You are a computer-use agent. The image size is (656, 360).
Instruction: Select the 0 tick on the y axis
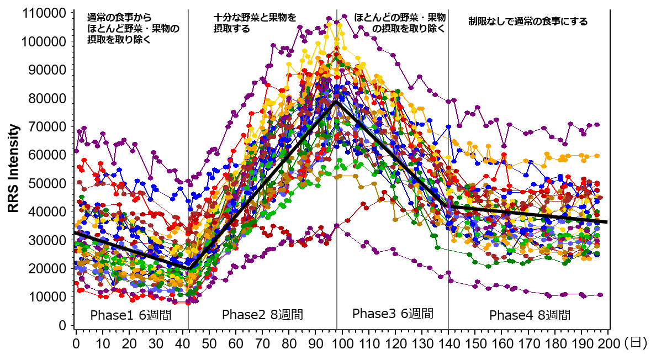64,325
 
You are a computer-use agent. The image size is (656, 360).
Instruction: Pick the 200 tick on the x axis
608,343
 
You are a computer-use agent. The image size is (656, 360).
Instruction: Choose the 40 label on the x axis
182,343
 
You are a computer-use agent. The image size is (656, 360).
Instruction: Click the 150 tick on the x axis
475,343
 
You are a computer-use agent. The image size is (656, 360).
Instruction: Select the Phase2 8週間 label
262,315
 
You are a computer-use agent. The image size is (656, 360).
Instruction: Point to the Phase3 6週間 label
393,314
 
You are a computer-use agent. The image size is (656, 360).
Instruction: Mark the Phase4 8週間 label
530,315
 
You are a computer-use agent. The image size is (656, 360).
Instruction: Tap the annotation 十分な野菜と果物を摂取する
255,23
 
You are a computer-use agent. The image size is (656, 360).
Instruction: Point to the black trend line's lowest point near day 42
189,268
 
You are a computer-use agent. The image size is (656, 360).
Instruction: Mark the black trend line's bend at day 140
446,206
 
